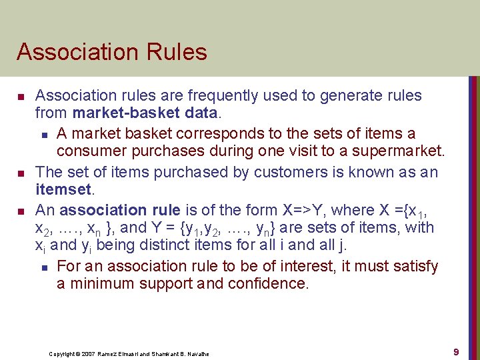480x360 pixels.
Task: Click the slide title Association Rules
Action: (112, 52)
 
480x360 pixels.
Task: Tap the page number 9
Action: (456, 351)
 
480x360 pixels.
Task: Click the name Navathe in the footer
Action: (195, 353)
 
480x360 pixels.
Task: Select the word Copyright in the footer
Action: (62, 353)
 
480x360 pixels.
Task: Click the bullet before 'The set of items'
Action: (21, 173)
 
